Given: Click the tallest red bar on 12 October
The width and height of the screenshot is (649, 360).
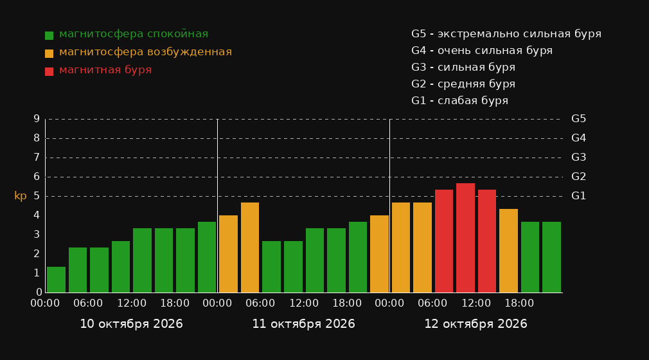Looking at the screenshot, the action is point(465,238).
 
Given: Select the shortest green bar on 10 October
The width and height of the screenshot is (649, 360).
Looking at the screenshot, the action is point(57,280).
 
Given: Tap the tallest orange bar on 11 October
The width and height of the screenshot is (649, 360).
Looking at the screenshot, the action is point(250,248).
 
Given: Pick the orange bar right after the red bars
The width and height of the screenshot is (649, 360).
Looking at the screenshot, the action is point(508,251).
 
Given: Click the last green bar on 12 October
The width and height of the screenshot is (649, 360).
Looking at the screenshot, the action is point(551,257).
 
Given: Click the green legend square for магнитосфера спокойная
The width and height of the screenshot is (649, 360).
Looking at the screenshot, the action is point(49,35).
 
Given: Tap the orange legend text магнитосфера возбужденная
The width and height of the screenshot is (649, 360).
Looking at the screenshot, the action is point(146,52).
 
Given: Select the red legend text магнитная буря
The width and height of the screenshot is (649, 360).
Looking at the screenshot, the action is point(105,70).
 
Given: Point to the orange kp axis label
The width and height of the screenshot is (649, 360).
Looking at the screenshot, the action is point(21,196).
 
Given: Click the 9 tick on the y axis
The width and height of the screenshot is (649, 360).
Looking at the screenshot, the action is point(37,119).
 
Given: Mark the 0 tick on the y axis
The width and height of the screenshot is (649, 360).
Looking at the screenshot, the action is point(39,292).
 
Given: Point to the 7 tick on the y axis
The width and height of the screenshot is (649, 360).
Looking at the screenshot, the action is point(37,157).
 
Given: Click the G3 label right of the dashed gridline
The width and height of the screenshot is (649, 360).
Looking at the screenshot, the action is point(578,157).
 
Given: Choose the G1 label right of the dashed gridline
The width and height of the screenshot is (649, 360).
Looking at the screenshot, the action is point(578,196).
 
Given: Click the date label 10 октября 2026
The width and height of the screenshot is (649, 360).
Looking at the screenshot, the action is point(131,324).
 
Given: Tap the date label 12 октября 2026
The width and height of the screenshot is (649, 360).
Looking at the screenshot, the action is point(476,324).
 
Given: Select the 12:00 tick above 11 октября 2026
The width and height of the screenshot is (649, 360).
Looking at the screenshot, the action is point(304,303).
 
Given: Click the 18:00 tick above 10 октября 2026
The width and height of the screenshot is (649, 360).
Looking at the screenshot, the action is point(175,303).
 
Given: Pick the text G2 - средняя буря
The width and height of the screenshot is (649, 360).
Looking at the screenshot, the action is point(463,84).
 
